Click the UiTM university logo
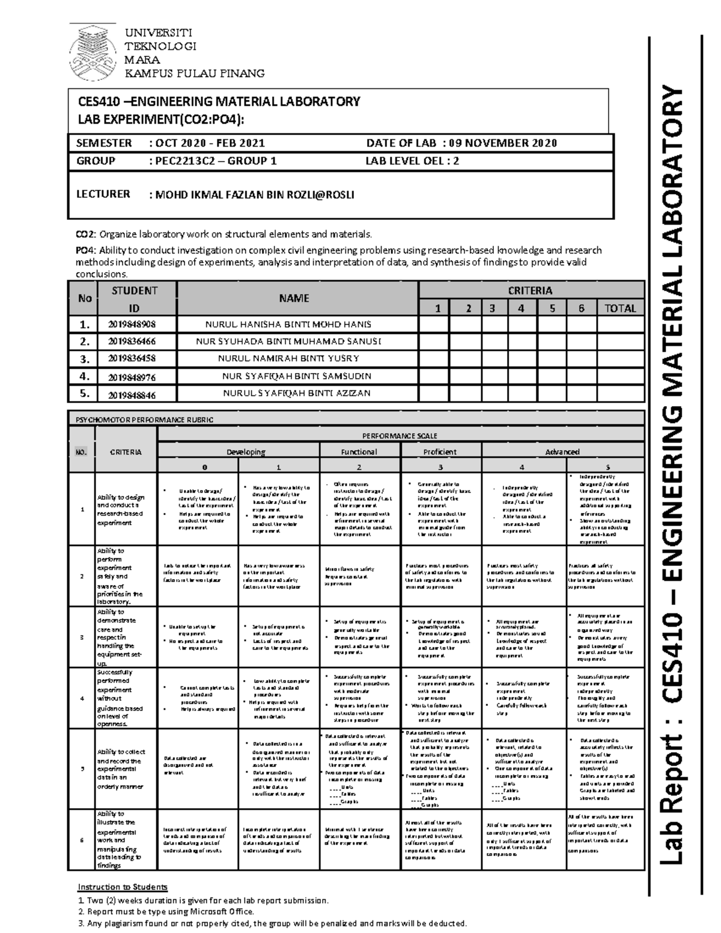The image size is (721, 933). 93,54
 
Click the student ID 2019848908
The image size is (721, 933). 132,324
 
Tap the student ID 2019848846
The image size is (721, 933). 132,395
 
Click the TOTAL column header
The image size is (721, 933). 620,308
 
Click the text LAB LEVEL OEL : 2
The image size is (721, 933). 412,161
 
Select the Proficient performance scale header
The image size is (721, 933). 440,452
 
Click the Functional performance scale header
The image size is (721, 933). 359,452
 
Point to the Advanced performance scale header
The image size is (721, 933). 562,452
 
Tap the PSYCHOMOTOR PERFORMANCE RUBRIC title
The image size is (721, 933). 144,420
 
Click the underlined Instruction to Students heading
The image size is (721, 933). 123,887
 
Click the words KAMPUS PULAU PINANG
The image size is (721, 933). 193,73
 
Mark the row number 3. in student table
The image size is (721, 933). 85,359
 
